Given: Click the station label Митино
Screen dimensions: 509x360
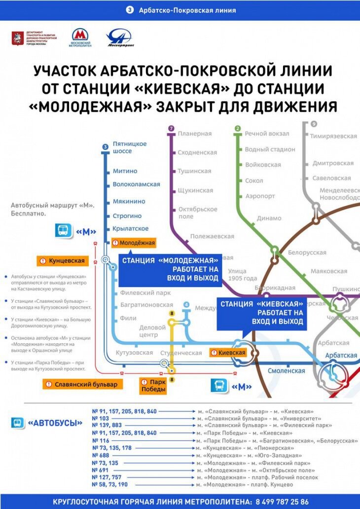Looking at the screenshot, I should pos(125,171).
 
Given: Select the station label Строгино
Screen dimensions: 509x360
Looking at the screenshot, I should pos(127,216).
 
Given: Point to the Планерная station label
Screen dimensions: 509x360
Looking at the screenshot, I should pos(194,134).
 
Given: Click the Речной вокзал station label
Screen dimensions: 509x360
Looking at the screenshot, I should pos(267,134).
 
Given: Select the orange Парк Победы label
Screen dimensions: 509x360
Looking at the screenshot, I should pos(153,386).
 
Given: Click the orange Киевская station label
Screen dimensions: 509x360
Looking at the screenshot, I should pos(228,353).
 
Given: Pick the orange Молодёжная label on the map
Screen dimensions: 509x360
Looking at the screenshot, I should pos(134,243).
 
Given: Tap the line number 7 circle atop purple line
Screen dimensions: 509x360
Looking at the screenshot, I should pos(171,129).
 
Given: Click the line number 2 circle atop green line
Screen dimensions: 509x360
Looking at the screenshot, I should pos(237,129).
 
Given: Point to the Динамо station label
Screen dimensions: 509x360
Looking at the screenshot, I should pos(269,218).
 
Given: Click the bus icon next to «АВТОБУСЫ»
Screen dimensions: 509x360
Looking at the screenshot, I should pos(17,423).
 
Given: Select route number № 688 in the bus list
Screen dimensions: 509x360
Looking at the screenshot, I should pos(101,456).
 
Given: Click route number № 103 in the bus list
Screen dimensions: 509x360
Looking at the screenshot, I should pos(101,418).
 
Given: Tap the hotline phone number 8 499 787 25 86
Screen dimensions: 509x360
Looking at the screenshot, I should pos(282,502).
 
